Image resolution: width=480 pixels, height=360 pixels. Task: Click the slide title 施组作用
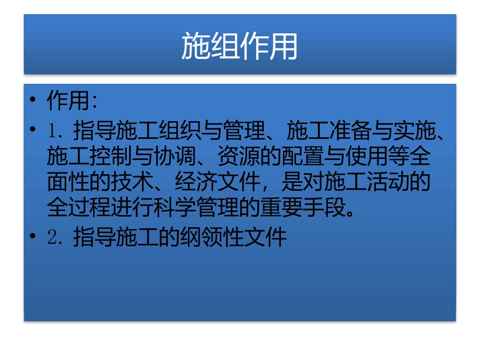pos(239,46)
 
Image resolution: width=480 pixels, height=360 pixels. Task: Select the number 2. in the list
pos(55,237)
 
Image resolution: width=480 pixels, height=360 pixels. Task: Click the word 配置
pos(303,158)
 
